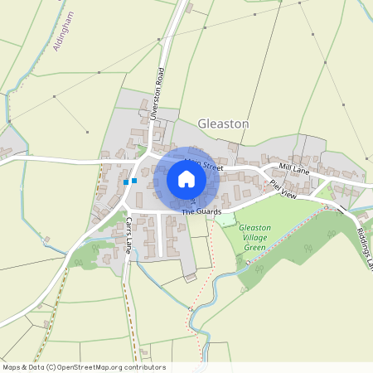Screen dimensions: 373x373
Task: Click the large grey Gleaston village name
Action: (x=223, y=124)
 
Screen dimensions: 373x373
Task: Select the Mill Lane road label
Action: (x=293, y=167)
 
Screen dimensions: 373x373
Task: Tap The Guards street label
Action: (x=201, y=212)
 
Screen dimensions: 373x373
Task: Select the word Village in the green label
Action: (x=254, y=237)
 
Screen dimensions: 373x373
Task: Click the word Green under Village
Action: (x=254, y=247)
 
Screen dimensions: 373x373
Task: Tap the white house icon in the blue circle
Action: (x=186, y=179)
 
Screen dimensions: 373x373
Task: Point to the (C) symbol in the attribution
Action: (x=51, y=367)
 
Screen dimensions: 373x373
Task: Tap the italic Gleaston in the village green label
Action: (x=254, y=227)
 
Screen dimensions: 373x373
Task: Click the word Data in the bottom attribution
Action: (x=36, y=367)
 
